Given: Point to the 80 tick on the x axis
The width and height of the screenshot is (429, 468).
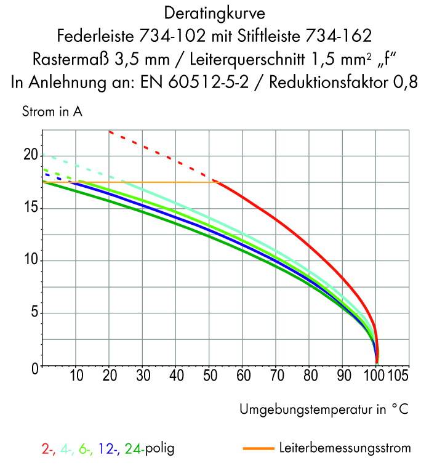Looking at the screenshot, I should pyautogui.click(x=310, y=375).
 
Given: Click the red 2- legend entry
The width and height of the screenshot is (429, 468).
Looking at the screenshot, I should pyautogui.click(x=49, y=449).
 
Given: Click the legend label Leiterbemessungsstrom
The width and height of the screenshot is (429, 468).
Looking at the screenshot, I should pyautogui.click(x=344, y=448).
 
